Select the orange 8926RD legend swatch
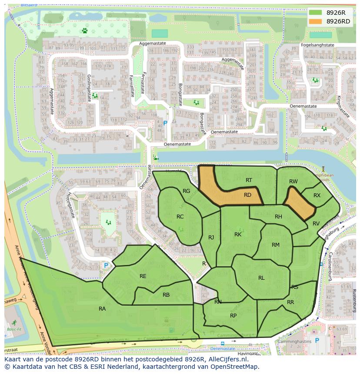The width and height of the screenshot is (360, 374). [x=315, y=21]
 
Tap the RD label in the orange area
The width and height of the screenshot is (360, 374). [x=247, y=195]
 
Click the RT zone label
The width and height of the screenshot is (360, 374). [x=249, y=180]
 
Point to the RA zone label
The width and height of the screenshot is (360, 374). [x=102, y=309]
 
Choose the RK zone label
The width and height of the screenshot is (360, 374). [x=238, y=235]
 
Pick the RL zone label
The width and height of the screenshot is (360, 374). [x=261, y=278]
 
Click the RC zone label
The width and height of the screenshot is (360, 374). [x=180, y=217]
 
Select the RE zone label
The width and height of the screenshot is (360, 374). [x=143, y=276]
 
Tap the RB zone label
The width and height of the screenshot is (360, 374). [x=166, y=295]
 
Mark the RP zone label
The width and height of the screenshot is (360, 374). [x=233, y=316]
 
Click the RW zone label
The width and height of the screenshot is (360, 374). [x=293, y=182]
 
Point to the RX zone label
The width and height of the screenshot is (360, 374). [x=317, y=195]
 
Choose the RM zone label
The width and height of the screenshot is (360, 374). [x=276, y=245]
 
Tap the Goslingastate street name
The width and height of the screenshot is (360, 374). [x=89, y=87]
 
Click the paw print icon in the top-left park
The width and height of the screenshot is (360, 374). [x=84, y=31]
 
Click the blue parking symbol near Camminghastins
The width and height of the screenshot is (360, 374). [x=317, y=341]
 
